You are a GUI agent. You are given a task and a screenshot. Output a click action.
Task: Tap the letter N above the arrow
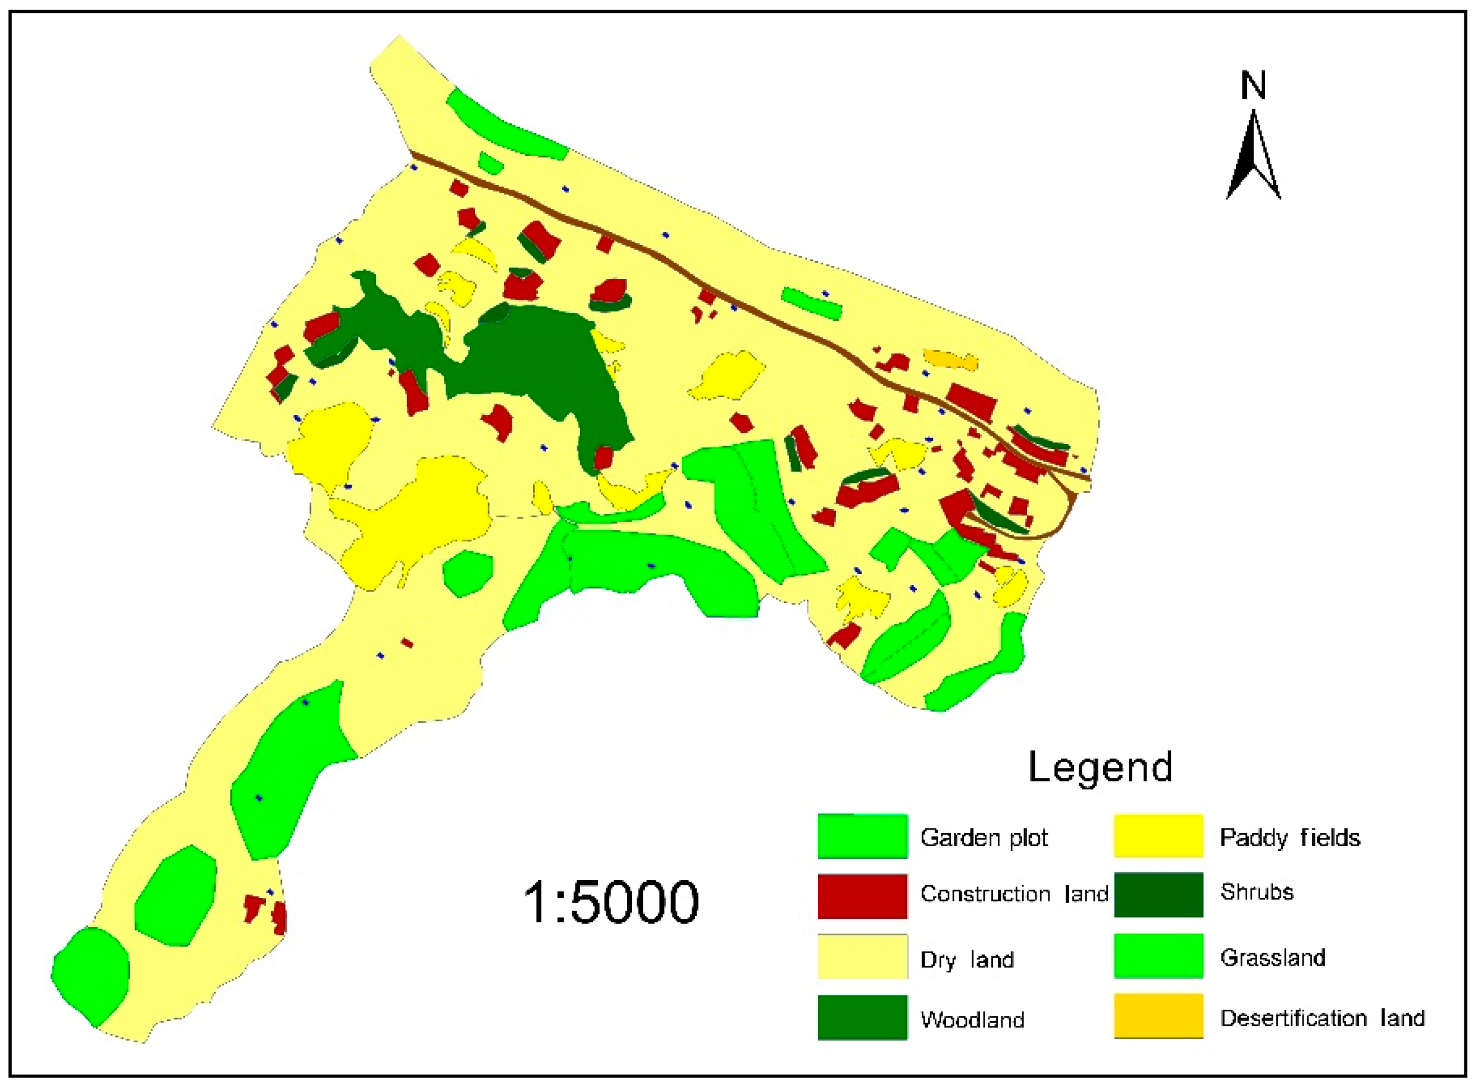click(x=1253, y=86)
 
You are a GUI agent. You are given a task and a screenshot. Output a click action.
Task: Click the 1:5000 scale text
click(x=610, y=902)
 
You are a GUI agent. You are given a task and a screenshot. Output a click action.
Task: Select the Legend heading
click(x=1100, y=767)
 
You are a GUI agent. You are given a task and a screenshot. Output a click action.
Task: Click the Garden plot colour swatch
click(x=862, y=837)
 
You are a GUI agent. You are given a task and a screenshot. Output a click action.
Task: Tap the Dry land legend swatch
click(x=862, y=957)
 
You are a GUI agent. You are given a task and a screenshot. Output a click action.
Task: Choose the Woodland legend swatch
click(x=862, y=1017)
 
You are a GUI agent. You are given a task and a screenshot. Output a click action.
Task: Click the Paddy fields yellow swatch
click(x=1158, y=837)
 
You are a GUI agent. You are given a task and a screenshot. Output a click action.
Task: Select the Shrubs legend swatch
click(x=1158, y=894)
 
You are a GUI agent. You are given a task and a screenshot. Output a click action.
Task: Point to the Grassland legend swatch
click(x=1158, y=956)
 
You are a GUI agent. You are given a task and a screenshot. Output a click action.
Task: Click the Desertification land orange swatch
click(x=1158, y=1016)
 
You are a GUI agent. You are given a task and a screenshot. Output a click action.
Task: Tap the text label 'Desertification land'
click(x=1322, y=1018)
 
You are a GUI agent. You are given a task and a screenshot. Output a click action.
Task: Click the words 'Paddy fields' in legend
click(x=1289, y=838)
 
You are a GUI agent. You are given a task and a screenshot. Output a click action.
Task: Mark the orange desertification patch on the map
click(x=951, y=360)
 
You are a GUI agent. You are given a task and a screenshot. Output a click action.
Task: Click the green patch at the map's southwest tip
click(x=91, y=975)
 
